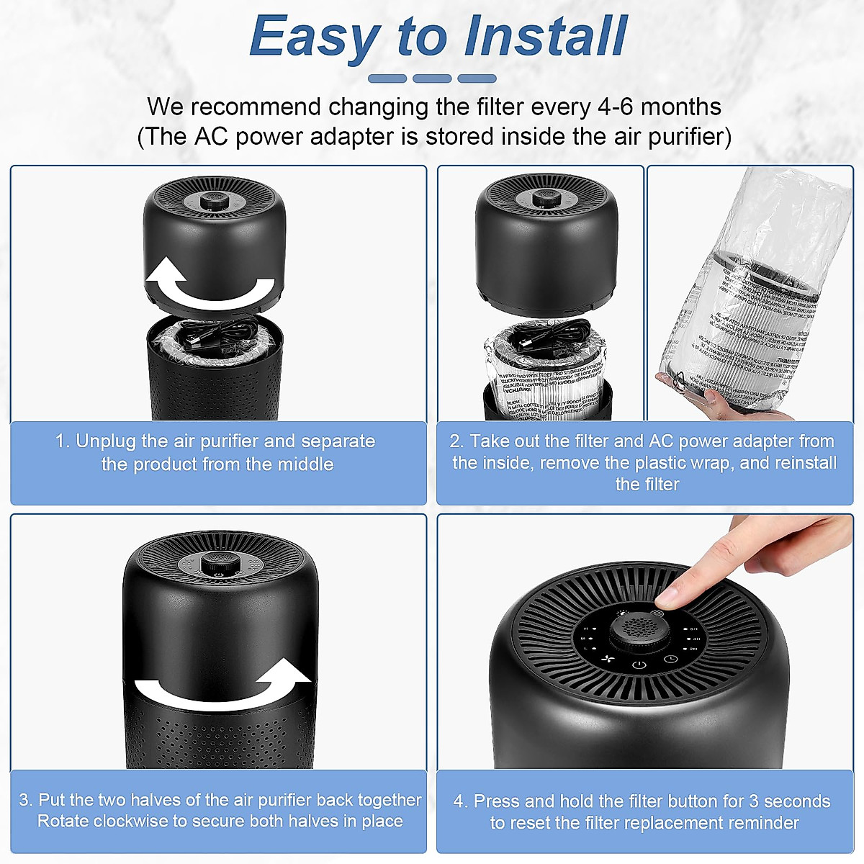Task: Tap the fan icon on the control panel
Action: (x=606, y=660)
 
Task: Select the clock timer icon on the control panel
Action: (x=670, y=659)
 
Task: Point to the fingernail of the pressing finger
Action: (x=669, y=595)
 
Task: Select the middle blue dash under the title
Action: (x=432, y=78)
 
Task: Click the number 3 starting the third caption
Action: (x=24, y=800)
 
